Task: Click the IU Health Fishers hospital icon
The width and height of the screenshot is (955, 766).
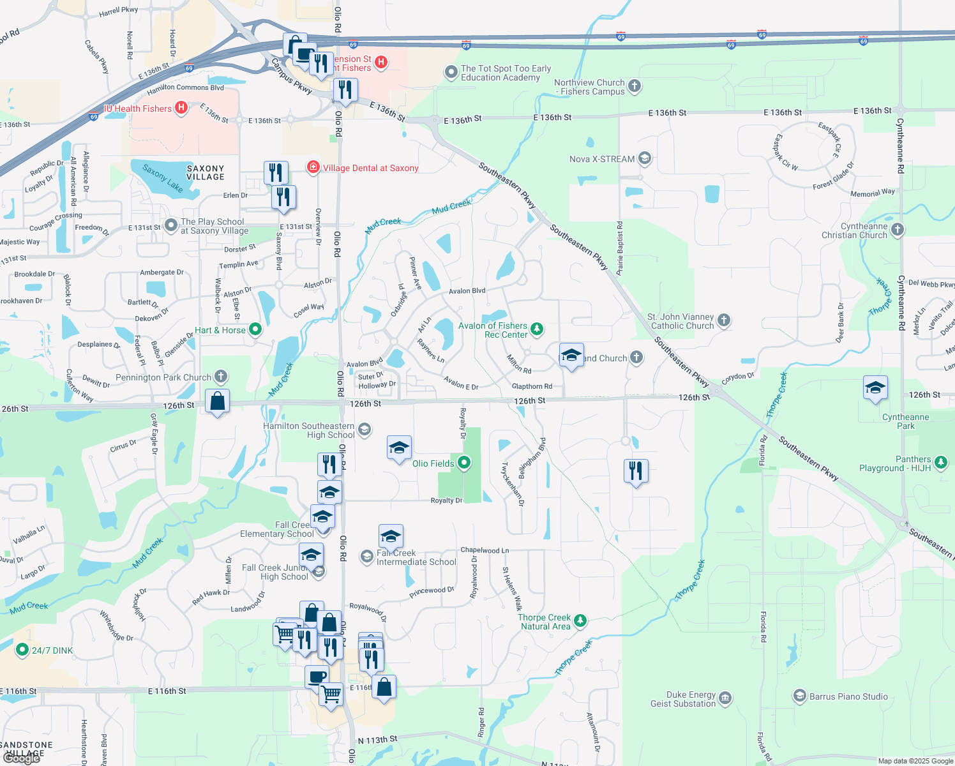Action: [181, 108]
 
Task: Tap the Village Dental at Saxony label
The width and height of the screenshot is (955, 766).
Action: [370, 168]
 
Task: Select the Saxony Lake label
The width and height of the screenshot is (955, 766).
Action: [162, 178]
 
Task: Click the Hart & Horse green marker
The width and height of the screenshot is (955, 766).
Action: [255, 329]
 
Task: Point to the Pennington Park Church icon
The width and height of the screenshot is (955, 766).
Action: [221, 377]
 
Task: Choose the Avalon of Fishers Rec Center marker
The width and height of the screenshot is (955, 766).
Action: [537, 329]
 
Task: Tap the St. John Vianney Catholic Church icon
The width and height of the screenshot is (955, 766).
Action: [723, 320]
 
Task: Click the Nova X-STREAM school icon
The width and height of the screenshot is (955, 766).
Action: [645, 158]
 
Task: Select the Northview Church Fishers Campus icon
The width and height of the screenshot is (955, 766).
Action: [634, 86]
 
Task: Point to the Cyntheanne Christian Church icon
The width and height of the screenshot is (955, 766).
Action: [897, 230]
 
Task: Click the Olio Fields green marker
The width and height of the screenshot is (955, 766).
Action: [464, 463]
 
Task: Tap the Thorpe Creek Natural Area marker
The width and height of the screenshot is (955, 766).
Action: [580, 620]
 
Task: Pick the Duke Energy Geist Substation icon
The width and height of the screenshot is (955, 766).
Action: [725, 698]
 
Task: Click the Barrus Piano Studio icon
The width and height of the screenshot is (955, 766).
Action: [799, 696]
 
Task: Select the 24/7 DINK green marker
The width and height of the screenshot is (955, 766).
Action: [22, 650]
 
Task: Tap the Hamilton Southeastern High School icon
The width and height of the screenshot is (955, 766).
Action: [364, 430]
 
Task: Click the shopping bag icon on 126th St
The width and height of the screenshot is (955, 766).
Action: [217, 402]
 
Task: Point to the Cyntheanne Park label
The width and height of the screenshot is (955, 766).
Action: [905, 421]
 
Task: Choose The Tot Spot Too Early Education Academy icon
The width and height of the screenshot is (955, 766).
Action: [452, 72]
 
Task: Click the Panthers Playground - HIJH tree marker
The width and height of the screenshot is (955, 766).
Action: [940, 463]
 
